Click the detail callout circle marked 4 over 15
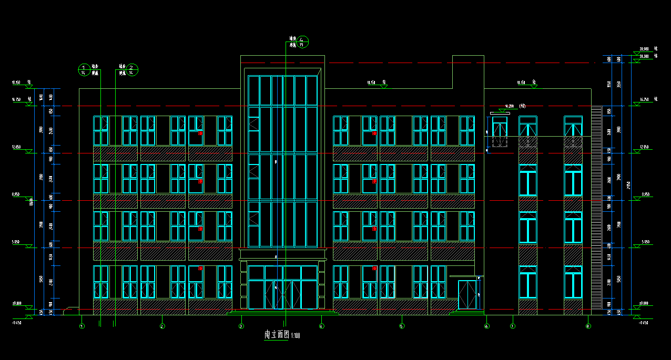point(301,42)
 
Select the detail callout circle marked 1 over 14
point(83,70)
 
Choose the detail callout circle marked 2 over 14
point(133,70)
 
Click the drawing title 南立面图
point(277,335)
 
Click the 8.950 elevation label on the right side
point(646,195)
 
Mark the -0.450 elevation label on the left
point(16,323)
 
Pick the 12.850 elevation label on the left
point(16,148)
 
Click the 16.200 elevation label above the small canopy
point(509,106)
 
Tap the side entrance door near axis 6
point(467,295)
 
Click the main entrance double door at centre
point(283,294)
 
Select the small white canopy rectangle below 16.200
point(500,112)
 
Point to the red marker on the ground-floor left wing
point(200,268)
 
